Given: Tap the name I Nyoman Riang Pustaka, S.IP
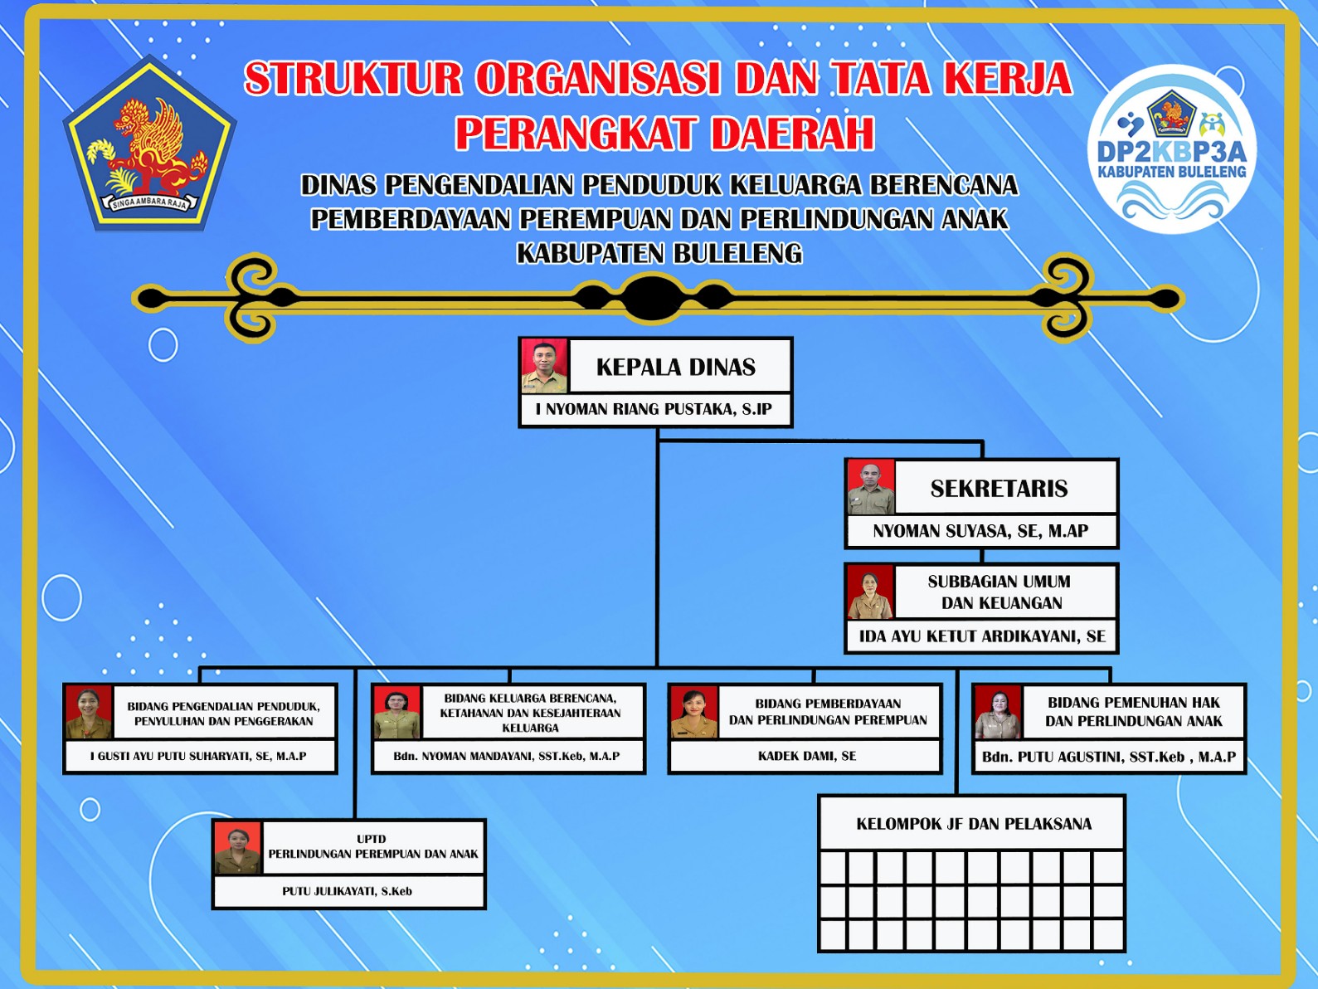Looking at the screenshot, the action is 654,410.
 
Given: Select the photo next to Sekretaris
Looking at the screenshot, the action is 871,487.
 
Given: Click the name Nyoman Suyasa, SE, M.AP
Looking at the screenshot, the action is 980,531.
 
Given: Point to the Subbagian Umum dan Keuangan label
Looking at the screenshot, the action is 1000,592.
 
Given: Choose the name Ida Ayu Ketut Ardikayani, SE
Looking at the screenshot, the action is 982,636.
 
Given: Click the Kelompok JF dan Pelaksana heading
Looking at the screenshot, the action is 973,824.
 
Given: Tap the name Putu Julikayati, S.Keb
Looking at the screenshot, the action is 347,891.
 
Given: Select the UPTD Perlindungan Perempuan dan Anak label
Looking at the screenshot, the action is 373,846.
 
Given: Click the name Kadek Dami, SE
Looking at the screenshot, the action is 806,756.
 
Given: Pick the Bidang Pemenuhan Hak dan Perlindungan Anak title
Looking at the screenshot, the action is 1134,712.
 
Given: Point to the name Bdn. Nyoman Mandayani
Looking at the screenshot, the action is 506,757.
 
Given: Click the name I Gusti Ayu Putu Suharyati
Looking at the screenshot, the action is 198,757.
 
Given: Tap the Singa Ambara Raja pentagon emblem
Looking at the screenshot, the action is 149,144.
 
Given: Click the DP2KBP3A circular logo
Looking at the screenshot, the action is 1171,149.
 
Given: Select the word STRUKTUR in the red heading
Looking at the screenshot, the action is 353,79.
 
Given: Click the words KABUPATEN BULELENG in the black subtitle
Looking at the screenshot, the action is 659,253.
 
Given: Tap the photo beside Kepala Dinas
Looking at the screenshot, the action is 544,365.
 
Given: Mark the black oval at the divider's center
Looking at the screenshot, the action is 654,298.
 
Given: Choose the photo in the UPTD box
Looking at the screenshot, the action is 238,848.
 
